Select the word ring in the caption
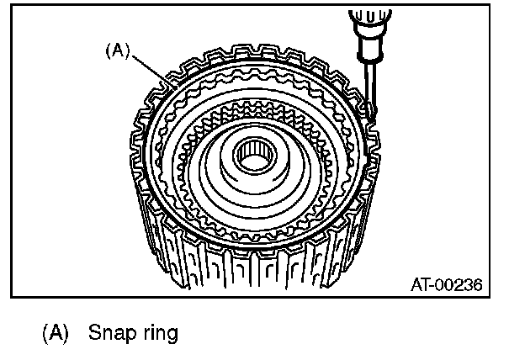click(158, 333)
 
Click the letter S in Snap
click(93, 333)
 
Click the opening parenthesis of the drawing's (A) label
click(106, 50)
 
